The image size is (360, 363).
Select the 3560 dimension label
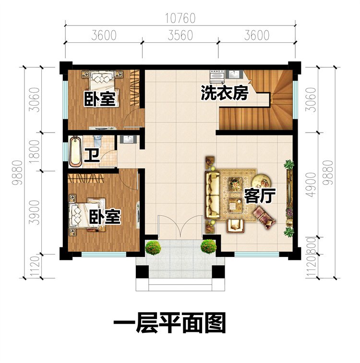[180, 35]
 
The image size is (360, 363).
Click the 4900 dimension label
[312, 188]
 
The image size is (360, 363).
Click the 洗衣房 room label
[224, 93]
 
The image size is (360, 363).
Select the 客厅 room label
[259, 195]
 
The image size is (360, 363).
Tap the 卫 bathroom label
[90, 156]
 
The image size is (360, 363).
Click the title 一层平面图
[169, 324]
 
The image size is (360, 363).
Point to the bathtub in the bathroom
[75, 151]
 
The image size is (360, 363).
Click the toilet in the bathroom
[97, 140]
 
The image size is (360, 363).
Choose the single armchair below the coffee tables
[235, 224]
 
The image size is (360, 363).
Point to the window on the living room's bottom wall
[264, 254]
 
